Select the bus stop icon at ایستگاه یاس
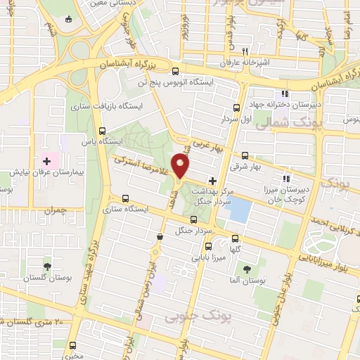pos(103,131)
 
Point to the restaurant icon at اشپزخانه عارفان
pos(245,51)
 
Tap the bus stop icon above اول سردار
pos(237,108)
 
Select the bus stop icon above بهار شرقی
pos(245,155)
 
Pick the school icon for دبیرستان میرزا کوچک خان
pos(285,178)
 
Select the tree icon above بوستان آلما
pos(246,270)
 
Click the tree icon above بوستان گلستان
pos(47,266)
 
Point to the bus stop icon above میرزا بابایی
pos(207,246)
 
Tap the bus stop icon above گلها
pos(235,238)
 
